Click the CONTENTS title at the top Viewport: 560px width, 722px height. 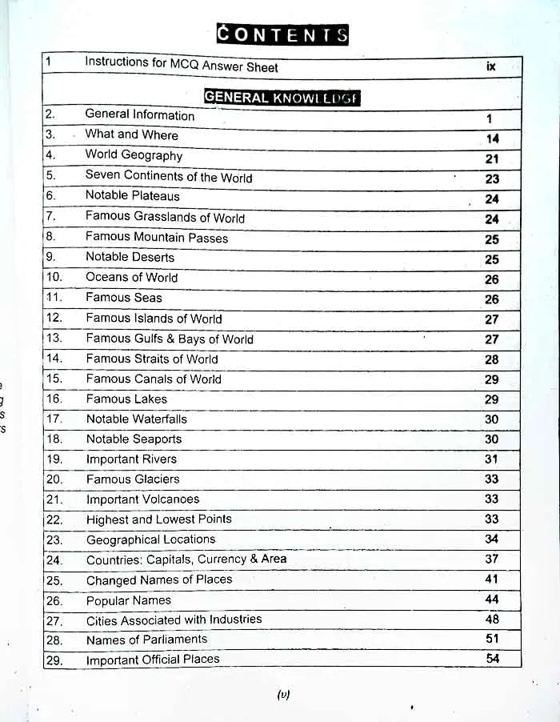[283, 34]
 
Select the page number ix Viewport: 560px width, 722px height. [490, 66]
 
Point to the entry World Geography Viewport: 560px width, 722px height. [134, 155]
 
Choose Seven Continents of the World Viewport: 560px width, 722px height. [169, 177]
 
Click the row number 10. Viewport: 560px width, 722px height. [54, 277]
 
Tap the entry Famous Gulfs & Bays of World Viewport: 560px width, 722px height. [170, 339]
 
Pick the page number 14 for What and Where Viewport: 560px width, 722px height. [492, 138]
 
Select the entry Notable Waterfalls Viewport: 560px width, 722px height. [137, 419]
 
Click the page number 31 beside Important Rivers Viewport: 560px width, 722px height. [491, 459]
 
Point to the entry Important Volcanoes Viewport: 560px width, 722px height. [143, 499]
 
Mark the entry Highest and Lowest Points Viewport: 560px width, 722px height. [159, 519]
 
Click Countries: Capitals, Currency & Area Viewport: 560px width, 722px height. [186, 560]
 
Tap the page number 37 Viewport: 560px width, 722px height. [491, 559]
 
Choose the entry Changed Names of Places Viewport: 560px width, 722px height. [159, 580]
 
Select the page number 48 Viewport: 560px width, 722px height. [492, 619]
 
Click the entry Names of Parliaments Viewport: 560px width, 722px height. [146, 640]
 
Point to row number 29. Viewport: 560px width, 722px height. [54, 660]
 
